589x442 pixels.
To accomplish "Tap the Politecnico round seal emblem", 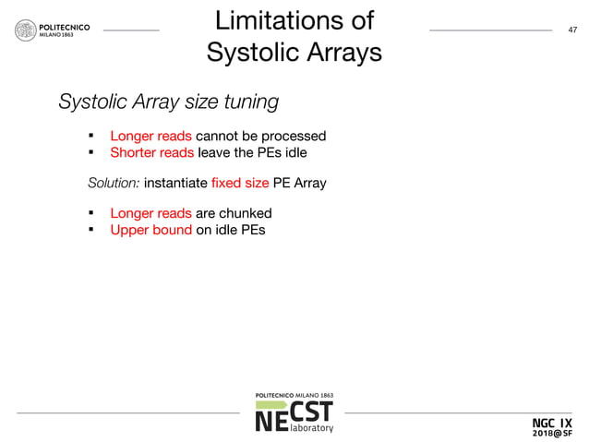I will (25, 30).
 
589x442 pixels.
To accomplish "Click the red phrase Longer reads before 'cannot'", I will (150, 137).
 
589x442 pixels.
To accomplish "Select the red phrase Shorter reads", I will (151, 152).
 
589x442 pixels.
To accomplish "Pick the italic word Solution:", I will (114, 183).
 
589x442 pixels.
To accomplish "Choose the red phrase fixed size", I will (239, 183).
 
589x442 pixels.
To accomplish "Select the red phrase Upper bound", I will (150, 229).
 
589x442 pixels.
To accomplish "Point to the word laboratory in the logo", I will (311, 428).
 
